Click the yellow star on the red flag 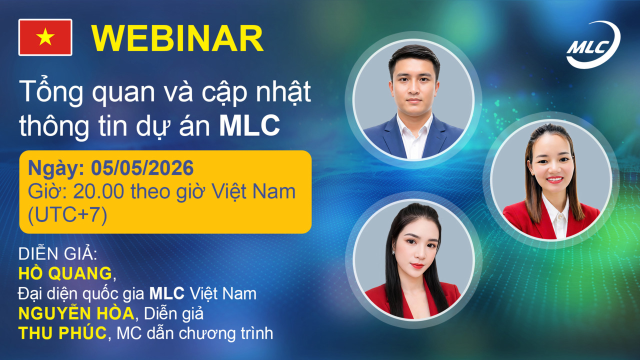(45, 37)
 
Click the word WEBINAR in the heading (177, 38)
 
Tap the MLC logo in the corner (592, 44)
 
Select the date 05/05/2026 (142, 168)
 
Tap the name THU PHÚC (62, 333)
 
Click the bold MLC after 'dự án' (249, 126)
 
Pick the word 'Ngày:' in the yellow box (55, 168)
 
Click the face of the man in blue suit (413, 85)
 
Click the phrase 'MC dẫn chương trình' (194, 333)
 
